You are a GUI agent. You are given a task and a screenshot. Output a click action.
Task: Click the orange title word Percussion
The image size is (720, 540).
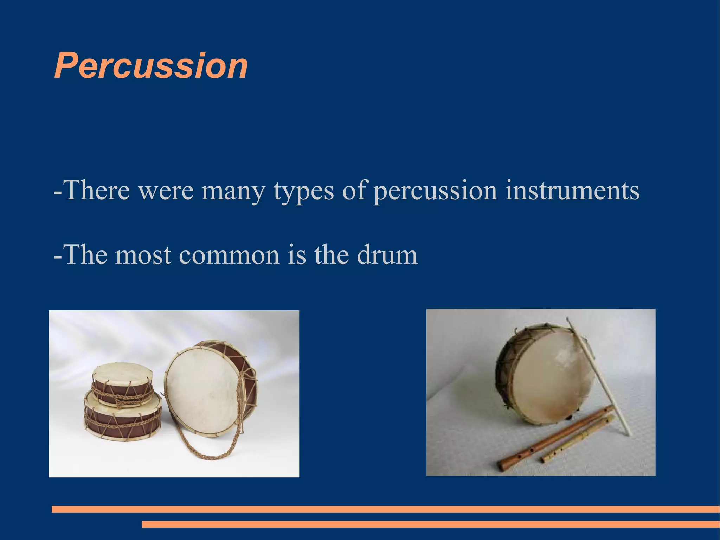(151, 66)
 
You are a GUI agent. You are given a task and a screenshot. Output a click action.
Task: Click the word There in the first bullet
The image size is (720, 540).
(97, 190)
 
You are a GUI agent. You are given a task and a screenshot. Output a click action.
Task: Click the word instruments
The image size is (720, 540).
(572, 190)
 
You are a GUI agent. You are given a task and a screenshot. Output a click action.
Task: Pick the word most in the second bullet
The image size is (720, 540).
(143, 255)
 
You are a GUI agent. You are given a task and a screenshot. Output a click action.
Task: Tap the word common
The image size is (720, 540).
(229, 255)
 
